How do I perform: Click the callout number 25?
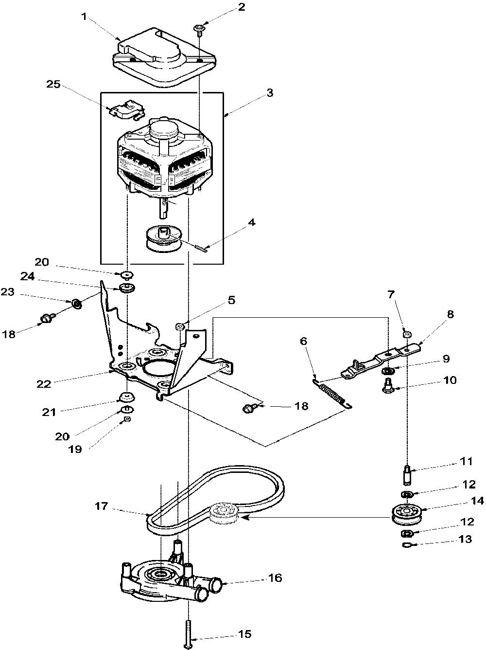pyautogui.click(x=53, y=84)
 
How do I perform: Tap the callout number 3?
pyautogui.click(x=269, y=93)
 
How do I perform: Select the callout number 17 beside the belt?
pyautogui.click(x=102, y=506)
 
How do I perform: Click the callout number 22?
pyautogui.click(x=44, y=384)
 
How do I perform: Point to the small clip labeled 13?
pyautogui.click(x=409, y=544)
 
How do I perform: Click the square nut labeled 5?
pyautogui.click(x=180, y=326)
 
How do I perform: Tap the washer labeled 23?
pyautogui.click(x=77, y=304)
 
